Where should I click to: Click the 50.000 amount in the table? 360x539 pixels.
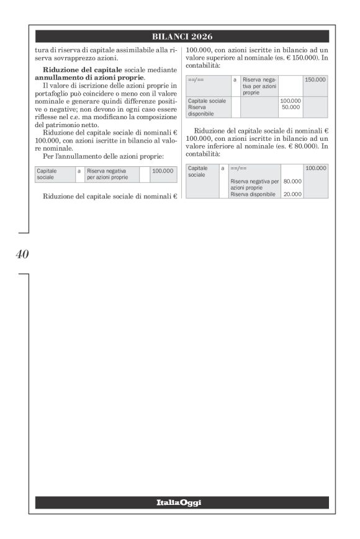coord(291,107)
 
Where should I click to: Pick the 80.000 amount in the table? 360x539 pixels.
coord(292,181)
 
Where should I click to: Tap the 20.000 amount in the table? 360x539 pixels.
coord(292,194)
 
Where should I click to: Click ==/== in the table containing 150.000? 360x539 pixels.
coord(196,80)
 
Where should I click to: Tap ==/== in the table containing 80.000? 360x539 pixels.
coord(239,168)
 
